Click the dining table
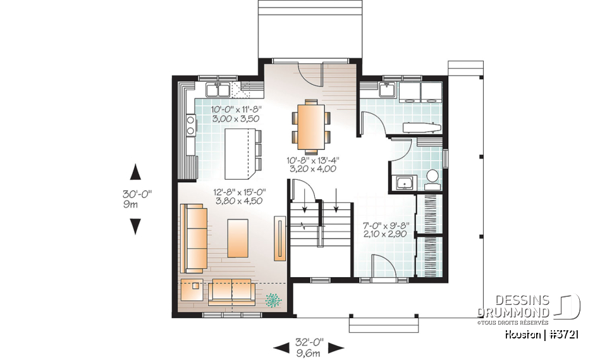click(310, 125)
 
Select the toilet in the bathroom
click(433, 178)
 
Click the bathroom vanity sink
click(403, 183)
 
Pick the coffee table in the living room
click(238, 238)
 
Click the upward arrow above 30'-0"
click(135, 172)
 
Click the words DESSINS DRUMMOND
click(513, 306)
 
